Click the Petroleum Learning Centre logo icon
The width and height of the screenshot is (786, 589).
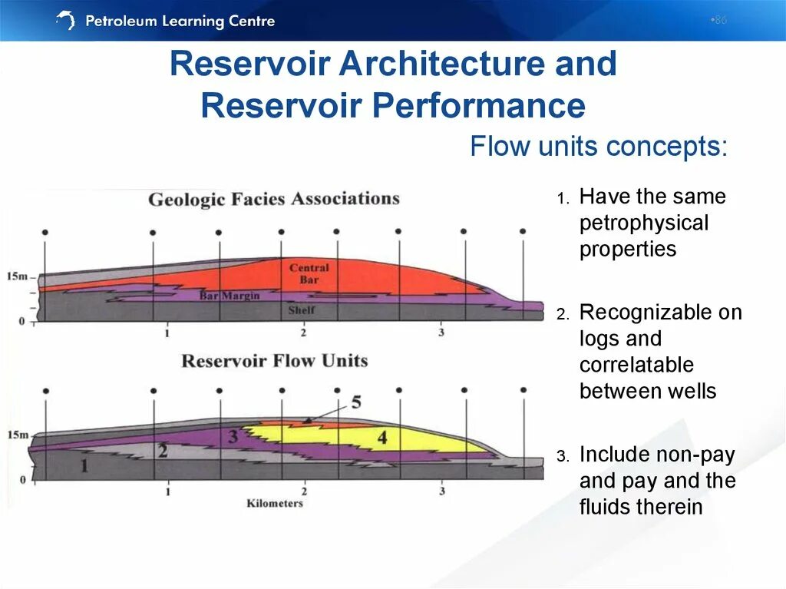click(x=66, y=21)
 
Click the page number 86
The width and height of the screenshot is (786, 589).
click(x=719, y=20)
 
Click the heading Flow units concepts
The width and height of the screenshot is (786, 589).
click(x=599, y=146)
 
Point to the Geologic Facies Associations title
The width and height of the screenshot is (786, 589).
click(x=274, y=199)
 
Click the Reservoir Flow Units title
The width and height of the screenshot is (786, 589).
click(x=274, y=361)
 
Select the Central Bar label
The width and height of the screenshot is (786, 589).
click(x=309, y=273)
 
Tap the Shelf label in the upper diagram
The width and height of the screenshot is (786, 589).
click(x=301, y=311)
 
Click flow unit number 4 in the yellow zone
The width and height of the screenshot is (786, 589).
click(x=381, y=438)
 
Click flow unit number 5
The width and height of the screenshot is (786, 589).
click(x=355, y=402)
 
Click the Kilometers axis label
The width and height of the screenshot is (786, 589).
click(x=274, y=504)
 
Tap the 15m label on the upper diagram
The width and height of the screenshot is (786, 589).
click(x=17, y=275)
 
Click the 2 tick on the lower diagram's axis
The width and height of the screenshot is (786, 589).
click(x=304, y=491)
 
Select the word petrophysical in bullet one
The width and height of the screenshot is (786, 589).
click(x=644, y=223)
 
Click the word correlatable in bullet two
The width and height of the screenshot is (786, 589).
click(x=636, y=365)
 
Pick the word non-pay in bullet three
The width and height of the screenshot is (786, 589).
click(x=696, y=455)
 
